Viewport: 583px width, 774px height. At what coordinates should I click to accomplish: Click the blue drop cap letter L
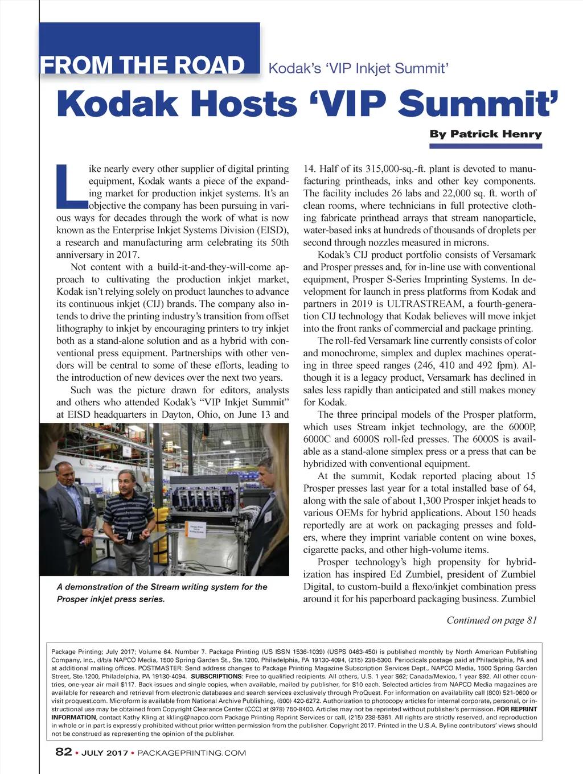point(71,186)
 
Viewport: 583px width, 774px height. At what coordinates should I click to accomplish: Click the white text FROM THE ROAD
point(142,65)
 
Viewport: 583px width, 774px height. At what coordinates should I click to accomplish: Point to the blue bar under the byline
point(485,146)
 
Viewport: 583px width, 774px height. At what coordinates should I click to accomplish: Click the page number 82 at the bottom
point(63,752)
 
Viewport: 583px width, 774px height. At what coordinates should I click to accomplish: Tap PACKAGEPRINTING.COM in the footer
point(192,753)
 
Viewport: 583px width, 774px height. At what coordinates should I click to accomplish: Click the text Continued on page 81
point(491,620)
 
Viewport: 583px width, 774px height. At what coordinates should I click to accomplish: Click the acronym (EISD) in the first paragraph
point(273,230)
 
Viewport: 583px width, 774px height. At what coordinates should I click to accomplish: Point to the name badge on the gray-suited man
point(87,500)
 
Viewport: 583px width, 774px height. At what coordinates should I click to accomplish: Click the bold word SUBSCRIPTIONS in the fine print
point(216,676)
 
